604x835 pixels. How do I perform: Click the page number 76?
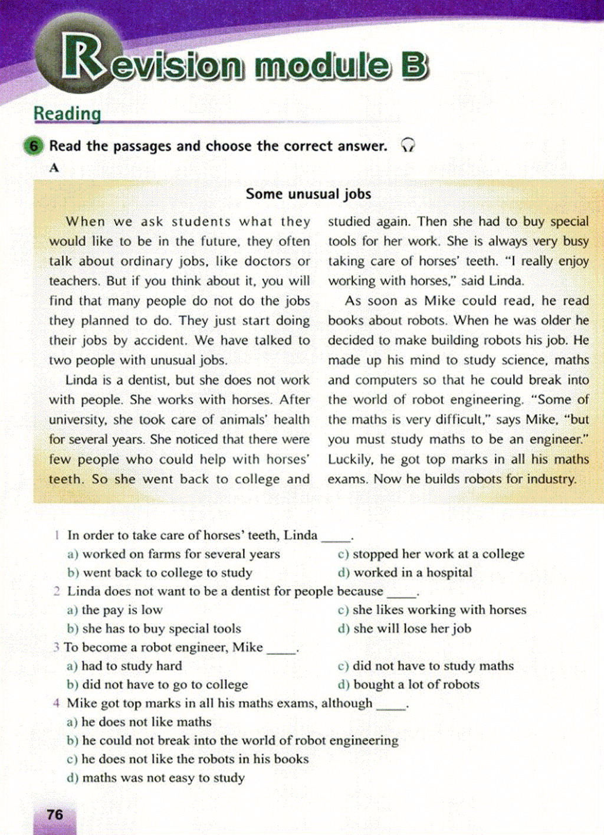55,815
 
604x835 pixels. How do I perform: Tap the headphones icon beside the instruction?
408,145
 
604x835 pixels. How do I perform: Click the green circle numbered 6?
34,146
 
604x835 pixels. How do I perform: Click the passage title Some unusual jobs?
308,194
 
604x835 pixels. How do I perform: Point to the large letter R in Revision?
83,58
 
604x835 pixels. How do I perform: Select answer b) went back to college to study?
160,572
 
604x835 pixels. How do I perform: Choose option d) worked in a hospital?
405,572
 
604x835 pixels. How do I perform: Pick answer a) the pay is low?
115,610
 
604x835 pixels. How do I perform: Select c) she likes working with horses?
432,610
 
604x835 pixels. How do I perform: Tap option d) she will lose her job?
405,628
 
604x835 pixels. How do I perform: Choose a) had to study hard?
124,666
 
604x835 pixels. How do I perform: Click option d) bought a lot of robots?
409,685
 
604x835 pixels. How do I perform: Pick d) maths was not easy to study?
156,778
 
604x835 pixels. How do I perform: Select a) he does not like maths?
139,722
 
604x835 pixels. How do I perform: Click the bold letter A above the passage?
54,168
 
